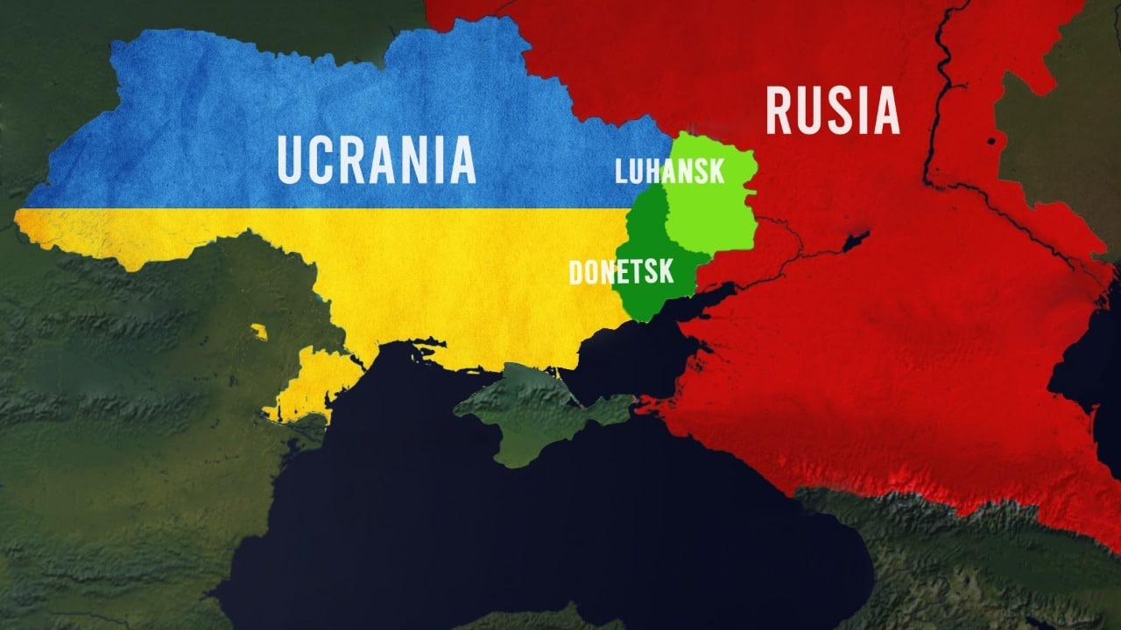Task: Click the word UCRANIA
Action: pyautogui.click(x=377, y=158)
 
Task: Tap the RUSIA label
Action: pyautogui.click(x=833, y=110)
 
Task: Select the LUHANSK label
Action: pyautogui.click(x=670, y=170)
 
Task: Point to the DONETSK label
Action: pyautogui.click(x=622, y=272)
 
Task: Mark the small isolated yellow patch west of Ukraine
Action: pyautogui.click(x=258, y=332)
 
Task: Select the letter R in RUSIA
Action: pyautogui.click(x=780, y=110)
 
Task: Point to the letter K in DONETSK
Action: pyautogui.click(x=666, y=272)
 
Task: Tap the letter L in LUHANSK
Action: pyautogui.click(x=621, y=170)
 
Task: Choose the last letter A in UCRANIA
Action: pyautogui.click(x=462, y=158)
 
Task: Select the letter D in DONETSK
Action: pyautogui.click(x=576, y=272)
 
